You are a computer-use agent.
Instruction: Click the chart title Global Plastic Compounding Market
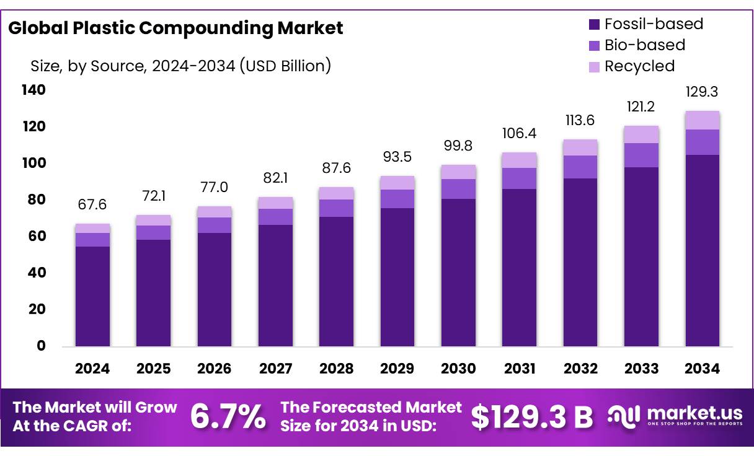tap(175, 28)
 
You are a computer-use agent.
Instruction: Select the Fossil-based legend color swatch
tap(594, 25)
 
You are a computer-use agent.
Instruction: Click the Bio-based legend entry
tap(645, 45)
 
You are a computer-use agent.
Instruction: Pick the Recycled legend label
tap(639, 66)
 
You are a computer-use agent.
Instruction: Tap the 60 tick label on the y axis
tap(37, 237)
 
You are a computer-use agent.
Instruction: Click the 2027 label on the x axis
tap(275, 369)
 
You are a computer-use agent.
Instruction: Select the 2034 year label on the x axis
tap(702, 369)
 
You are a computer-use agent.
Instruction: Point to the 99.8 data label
tap(458, 146)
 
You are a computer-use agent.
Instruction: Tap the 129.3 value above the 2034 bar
tap(702, 92)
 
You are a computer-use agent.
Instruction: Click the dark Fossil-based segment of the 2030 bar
tap(458, 273)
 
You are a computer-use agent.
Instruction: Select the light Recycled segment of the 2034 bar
tap(702, 120)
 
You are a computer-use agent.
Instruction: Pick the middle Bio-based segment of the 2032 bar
tap(580, 167)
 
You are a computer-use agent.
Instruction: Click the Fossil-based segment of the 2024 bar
tap(92, 296)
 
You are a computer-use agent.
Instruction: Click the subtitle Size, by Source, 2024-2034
tap(180, 66)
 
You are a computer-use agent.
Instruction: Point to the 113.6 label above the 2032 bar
tap(580, 120)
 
